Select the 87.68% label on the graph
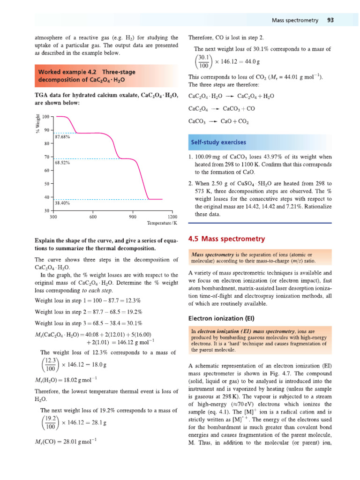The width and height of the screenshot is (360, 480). [x=62, y=137]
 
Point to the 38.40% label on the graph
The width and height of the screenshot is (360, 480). [x=62, y=203]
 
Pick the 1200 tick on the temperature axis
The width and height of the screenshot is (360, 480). [x=172, y=217]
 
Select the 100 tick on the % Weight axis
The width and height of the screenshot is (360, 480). [x=46, y=116]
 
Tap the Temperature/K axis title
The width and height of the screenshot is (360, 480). [x=162, y=224]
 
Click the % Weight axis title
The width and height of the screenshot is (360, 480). [x=37, y=123]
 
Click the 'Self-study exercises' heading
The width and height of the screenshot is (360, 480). [x=218, y=142]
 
